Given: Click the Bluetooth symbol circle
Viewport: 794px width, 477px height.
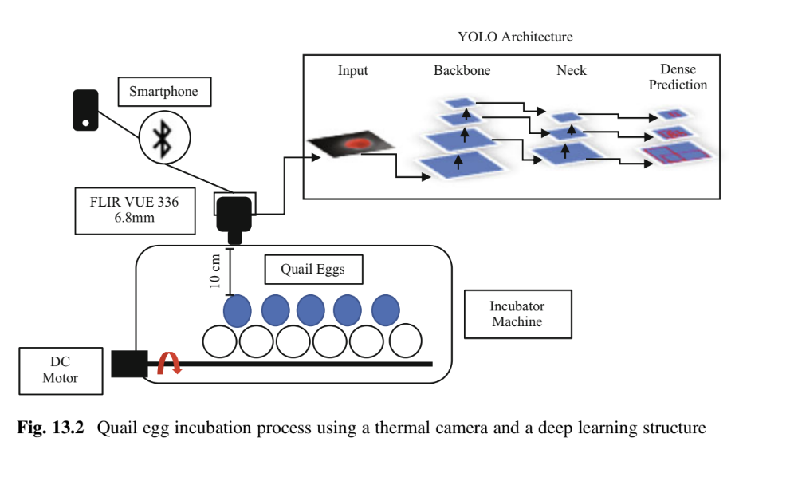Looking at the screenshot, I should (x=163, y=137).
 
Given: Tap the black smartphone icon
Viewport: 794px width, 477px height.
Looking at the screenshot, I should (x=85, y=109).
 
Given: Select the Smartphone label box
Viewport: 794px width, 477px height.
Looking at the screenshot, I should (x=163, y=92).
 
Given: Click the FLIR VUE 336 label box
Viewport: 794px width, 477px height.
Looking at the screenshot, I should (x=134, y=210).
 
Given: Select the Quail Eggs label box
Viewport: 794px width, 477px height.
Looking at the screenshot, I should (x=312, y=270).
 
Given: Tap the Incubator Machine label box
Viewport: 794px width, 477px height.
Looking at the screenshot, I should (x=517, y=314).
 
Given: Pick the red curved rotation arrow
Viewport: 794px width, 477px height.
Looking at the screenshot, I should (x=169, y=364).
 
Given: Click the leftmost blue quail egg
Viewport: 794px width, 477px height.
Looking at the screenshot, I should (x=237, y=310).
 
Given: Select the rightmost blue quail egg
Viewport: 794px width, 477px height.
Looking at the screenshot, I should (x=386, y=310).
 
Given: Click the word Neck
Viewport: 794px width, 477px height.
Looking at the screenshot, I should (x=572, y=70).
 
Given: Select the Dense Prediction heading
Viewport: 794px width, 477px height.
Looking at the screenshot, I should (x=678, y=77).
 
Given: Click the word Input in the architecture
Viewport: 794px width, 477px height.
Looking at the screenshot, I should (x=352, y=70).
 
